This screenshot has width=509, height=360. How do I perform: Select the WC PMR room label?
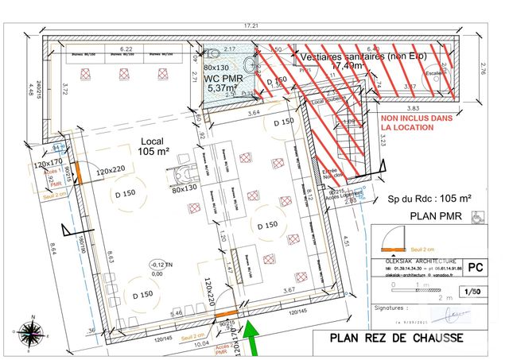click(223, 83)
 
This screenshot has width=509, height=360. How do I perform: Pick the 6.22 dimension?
click(125, 49)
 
